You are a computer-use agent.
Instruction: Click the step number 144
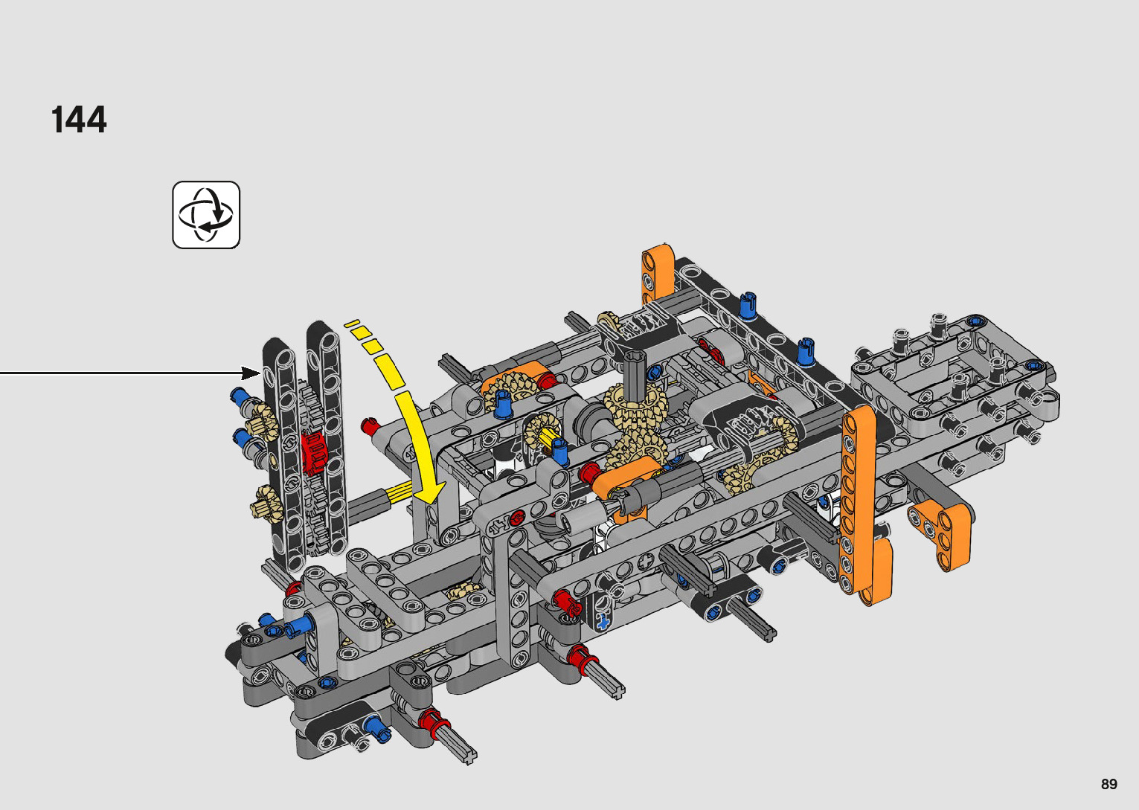pyautogui.click(x=79, y=120)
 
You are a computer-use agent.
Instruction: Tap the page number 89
pyautogui.click(x=1109, y=783)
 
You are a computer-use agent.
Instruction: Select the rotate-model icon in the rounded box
pyautogui.click(x=206, y=214)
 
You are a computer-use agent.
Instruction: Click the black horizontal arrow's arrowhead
pyautogui.click(x=251, y=373)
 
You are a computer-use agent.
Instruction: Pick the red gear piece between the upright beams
pyautogui.click(x=313, y=453)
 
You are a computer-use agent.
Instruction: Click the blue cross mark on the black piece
pyautogui.click(x=603, y=621)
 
